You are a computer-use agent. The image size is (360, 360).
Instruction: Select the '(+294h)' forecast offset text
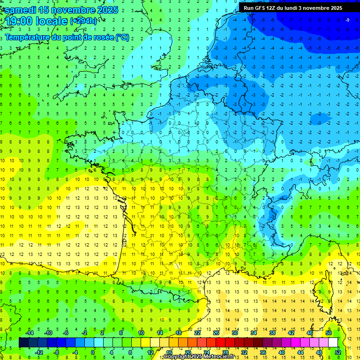coord(83,21)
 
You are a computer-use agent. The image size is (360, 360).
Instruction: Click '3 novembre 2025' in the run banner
coord(321,8)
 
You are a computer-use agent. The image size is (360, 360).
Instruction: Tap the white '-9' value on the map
coord(347,20)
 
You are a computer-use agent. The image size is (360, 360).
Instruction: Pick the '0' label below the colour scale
coord(93,352)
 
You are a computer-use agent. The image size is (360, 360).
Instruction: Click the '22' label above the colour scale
coord(197,332)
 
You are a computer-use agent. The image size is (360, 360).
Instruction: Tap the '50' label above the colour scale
coord(329,332)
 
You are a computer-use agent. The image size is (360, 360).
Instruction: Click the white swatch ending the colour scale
coord(333,343)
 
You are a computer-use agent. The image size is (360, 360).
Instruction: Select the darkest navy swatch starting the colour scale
coord(23,343)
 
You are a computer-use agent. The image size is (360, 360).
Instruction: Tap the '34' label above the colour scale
coord(254,332)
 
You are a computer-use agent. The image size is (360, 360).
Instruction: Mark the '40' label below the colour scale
coord(282,352)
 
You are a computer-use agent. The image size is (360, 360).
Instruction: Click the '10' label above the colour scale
coord(141,332)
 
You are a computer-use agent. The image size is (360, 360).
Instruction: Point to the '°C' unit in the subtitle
coord(122,37)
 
